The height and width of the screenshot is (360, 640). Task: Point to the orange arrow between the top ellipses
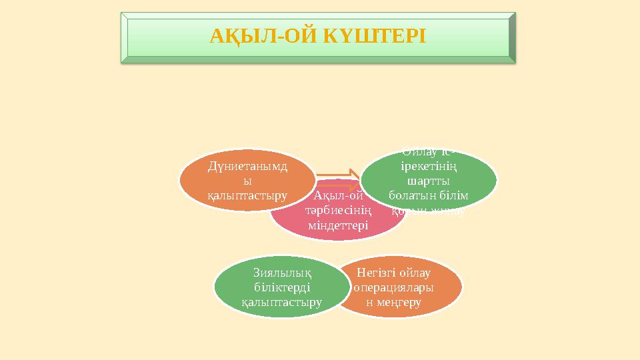pos(337,176)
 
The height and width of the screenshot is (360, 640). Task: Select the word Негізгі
pos(377,273)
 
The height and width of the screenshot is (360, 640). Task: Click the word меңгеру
pos(397,302)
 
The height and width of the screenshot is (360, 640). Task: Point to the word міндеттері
pos(337,225)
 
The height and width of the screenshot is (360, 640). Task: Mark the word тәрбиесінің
pos(337,210)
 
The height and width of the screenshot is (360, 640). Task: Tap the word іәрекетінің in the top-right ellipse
pos(427,167)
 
